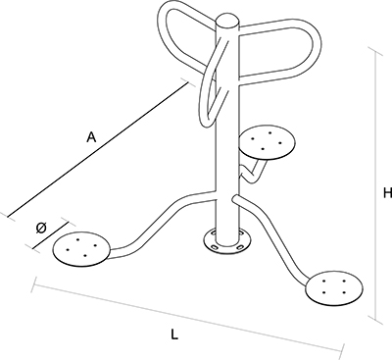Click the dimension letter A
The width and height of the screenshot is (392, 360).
click(x=91, y=137)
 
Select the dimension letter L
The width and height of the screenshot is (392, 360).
click(x=174, y=334)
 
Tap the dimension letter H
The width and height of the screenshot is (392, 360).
click(x=387, y=193)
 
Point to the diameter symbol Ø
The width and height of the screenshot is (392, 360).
click(x=41, y=228)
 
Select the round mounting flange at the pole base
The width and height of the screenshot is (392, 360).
click(x=227, y=242)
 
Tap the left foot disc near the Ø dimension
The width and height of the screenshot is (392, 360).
click(x=81, y=249)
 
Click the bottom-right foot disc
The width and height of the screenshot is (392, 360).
click(x=334, y=287)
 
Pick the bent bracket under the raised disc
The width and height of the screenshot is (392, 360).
click(x=252, y=170)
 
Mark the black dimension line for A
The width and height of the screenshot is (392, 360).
click(x=98, y=149)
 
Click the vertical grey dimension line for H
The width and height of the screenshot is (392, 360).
click(x=375, y=184)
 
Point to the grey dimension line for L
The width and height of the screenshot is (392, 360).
click(x=188, y=316)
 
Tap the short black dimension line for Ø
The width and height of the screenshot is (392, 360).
click(x=51, y=235)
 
